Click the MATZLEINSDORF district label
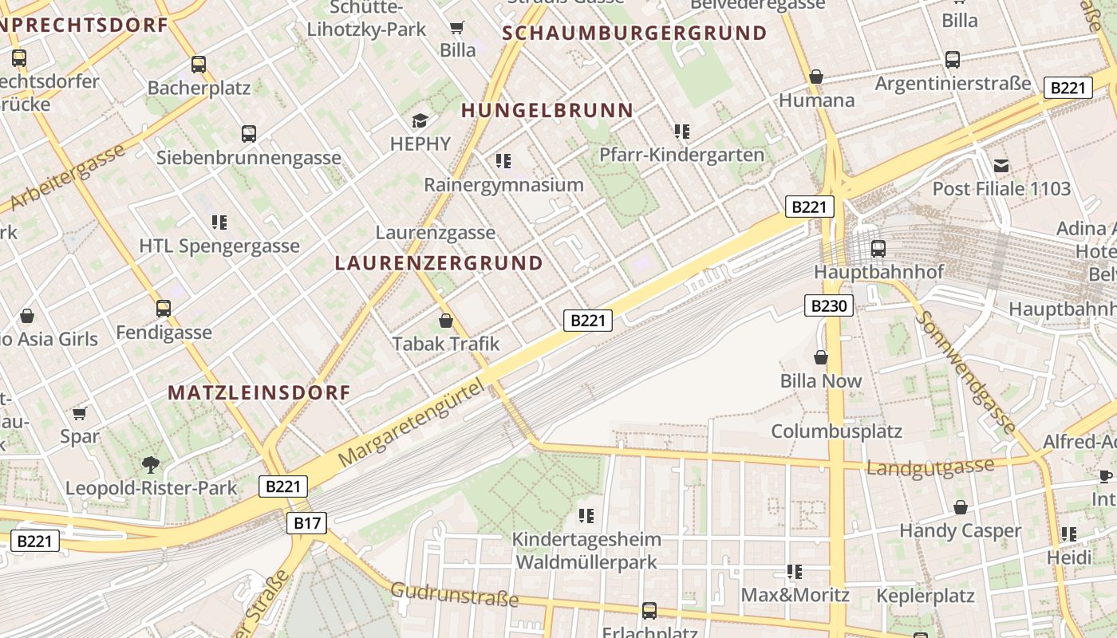pyautogui.click(x=259, y=392)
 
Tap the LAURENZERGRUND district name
pyautogui.click(x=439, y=263)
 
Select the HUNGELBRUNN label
pyautogui.click(x=547, y=110)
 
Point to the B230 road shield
pyautogui.click(x=829, y=305)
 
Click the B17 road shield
pyautogui.click(x=306, y=523)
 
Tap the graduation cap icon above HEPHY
pyautogui.click(x=420, y=120)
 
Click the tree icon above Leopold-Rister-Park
pyautogui.click(x=150, y=465)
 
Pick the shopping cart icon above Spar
pyautogui.click(x=79, y=413)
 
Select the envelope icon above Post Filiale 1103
pyautogui.click(x=1001, y=166)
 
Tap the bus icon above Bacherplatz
pyautogui.click(x=199, y=65)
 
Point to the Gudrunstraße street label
pyautogui.click(x=454, y=594)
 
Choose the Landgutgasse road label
pyautogui.click(x=930, y=467)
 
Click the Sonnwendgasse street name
pyautogui.click(x=966, y=371)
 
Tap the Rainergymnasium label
pyautogui.click(x=503, y=185)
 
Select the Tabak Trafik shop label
pyautogui.click(x=445, y=344)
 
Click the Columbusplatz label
pyautogui.click(x=836, y=431)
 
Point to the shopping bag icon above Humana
pyautogui.click(x=815, y=77)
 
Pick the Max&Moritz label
pyautogui.click(x=795, y=595)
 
